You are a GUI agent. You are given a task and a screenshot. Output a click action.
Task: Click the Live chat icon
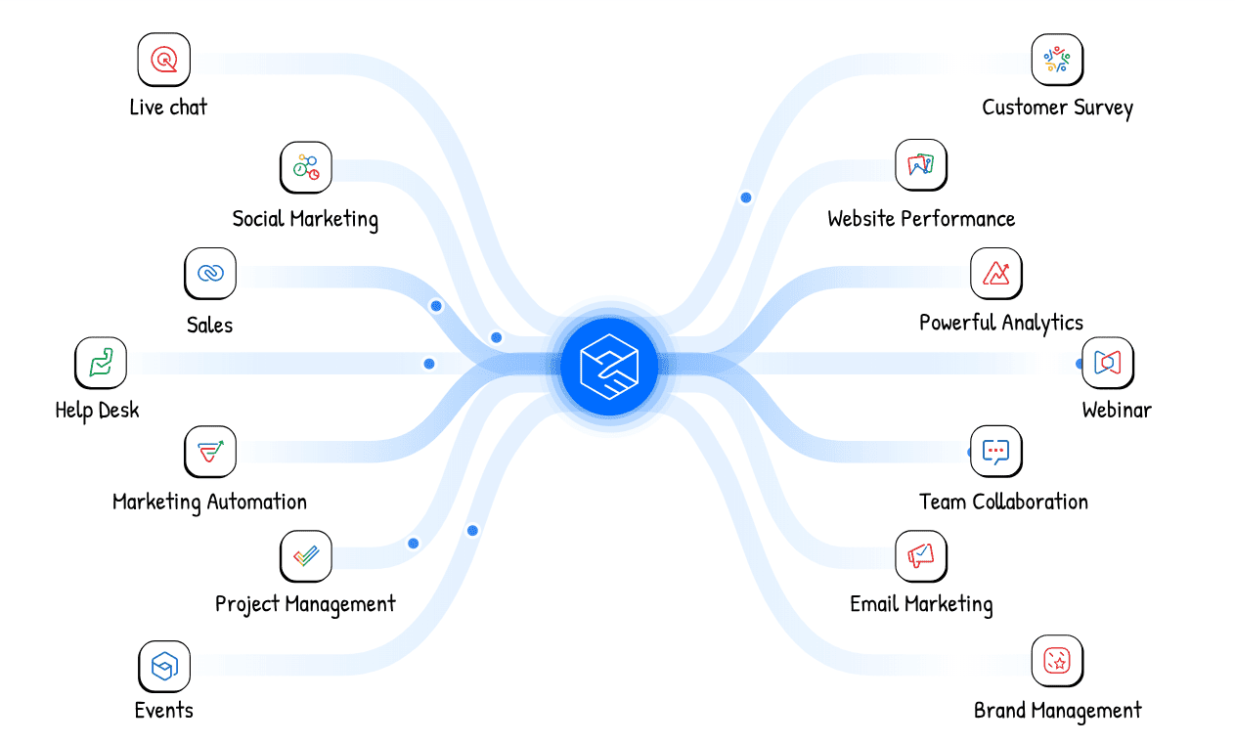click(164, 60)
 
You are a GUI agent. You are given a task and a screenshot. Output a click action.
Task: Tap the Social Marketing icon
click(306, 167)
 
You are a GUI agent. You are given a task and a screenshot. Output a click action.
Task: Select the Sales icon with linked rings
click(210, 274)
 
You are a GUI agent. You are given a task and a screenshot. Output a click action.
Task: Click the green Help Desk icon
click(101, 363)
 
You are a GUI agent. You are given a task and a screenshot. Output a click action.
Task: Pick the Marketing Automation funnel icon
click(210, 452)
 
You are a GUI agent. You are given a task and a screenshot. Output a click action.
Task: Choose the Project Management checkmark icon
click(306, 556)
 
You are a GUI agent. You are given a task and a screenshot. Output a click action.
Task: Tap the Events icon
click(164, 667)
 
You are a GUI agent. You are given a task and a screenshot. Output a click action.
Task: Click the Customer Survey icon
click(1057, 60)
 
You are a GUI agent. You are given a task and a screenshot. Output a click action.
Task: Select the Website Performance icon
click(921, 164)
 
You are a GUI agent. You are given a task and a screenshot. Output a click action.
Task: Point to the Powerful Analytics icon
click(996, 273)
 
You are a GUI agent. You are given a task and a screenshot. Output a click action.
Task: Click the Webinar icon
click(1108, 363)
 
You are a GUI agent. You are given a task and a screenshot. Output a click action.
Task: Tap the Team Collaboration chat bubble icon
click(995, 451)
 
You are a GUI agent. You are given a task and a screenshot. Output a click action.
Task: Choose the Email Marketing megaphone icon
click(921, 556)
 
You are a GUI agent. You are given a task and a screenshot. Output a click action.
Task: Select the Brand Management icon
click(1057, 661)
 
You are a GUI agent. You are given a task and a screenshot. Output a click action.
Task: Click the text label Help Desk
click(97, 411)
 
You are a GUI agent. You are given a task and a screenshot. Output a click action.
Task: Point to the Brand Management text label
click(1057, 711)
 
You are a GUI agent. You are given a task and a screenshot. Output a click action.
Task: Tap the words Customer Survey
click(1057, 108)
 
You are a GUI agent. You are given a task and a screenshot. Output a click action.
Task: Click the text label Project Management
click(305, 604)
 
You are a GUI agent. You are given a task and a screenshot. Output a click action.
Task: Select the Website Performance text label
click(921, 219)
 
